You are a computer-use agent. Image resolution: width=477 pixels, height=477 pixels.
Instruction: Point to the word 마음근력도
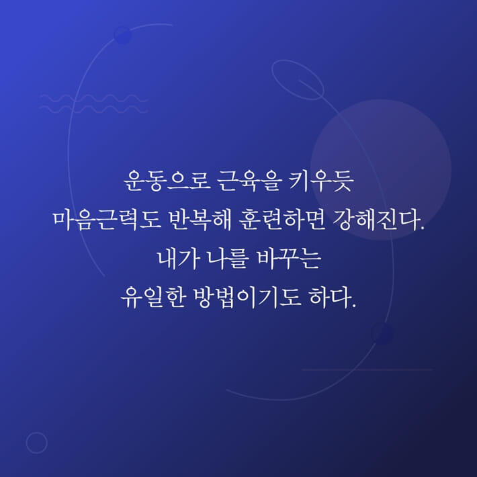[x=98, y=220]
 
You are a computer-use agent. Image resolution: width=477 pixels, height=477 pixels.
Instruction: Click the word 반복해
[x=177, y=220]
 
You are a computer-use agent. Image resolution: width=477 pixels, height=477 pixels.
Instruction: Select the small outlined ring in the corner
[x=36, y=443]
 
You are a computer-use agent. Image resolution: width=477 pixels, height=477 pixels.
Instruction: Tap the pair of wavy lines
[x=93, y=103]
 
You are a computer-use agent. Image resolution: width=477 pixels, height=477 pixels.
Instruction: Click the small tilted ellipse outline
[x=298, y=79]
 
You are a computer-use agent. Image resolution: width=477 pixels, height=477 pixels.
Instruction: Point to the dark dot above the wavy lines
[x=122, y=35]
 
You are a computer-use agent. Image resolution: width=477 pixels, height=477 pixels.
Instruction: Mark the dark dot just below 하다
[x=382, y=334]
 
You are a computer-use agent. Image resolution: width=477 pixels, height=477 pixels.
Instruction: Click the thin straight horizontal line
[x=367, y=370]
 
